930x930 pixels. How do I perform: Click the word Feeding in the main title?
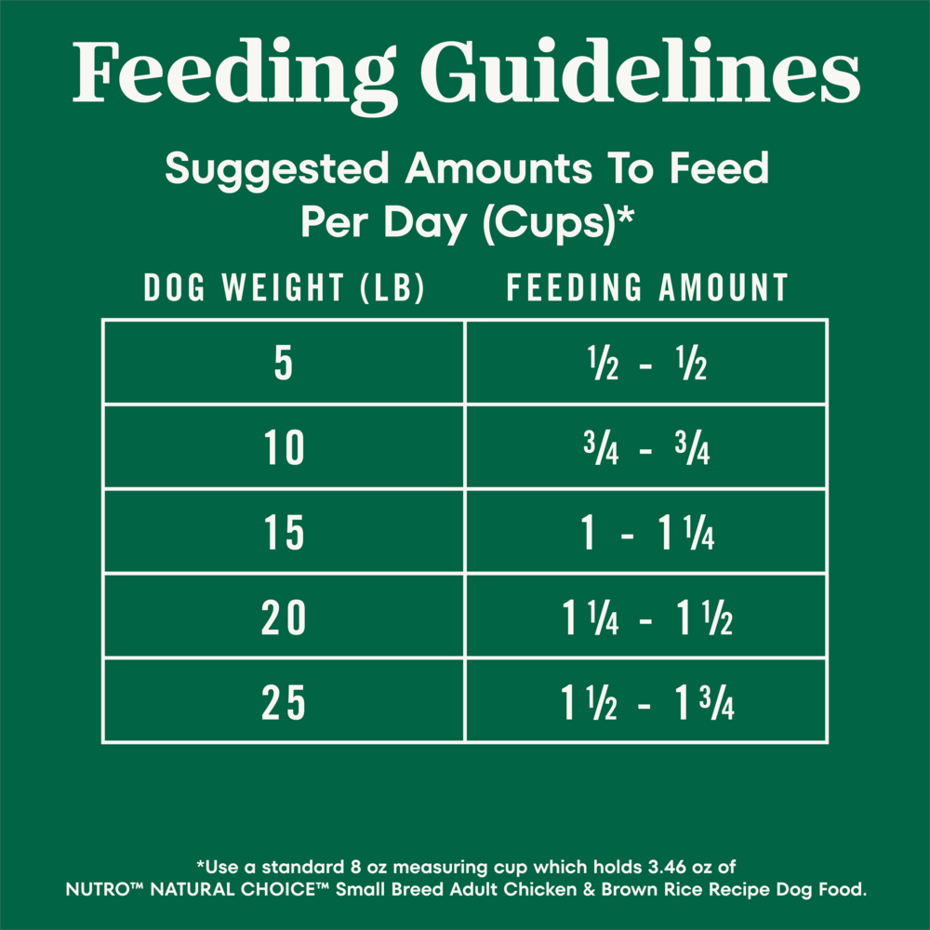pos(235,73)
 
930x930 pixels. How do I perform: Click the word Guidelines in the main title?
pos(641,72)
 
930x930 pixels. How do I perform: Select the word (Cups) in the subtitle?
pos(550,223)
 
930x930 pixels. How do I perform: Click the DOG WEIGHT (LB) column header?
pos(284,287)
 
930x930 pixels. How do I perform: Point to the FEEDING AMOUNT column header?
pos(647,287)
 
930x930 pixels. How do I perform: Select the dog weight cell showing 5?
pos(284,363)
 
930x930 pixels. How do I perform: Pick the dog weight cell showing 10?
pos(284,448)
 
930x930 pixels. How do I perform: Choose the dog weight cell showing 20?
pos(284,618)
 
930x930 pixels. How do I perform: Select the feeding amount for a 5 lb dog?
pos(647,363)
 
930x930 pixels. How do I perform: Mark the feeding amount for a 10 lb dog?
pos(646,448)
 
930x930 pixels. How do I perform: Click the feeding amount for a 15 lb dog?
pos(647,533)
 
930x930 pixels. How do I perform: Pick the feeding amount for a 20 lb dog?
pos(647,618)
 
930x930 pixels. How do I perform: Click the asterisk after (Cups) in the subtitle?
pos(626,215)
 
